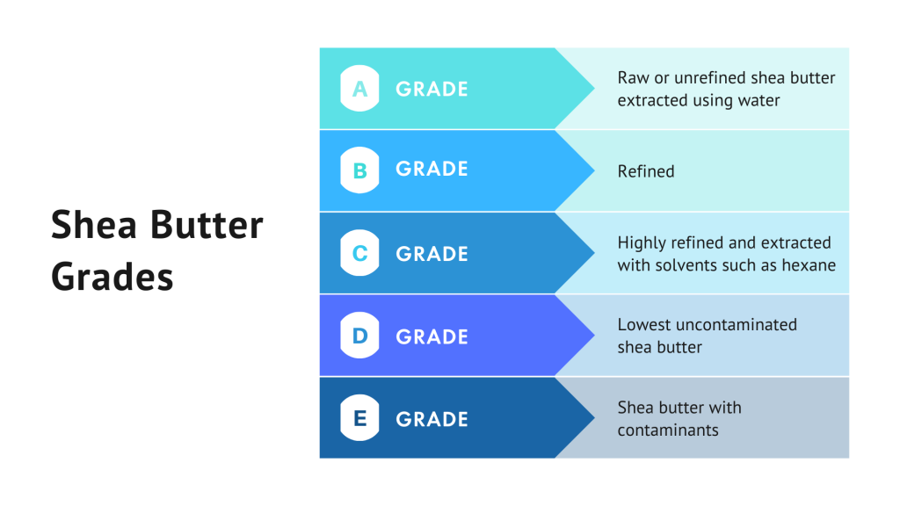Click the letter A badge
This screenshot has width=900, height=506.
(359, 89)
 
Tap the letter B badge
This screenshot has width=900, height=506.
(359, 170)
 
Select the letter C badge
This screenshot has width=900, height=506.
(359, 253)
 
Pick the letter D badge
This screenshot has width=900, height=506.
(359, 336)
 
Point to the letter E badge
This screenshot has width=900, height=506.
(359, 418)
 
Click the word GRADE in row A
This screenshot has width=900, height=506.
(432, 89)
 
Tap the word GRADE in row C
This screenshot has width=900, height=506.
(432, 254)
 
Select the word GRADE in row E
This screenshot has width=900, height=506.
(432, 419)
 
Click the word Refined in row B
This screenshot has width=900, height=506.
(646, 171)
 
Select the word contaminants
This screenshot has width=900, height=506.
(668, 430)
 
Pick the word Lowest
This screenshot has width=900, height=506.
(644, 325)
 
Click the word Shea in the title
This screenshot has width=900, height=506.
(94, 224)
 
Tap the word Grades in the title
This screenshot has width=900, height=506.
(112, 277)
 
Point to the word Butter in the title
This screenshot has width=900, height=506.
(207, 224)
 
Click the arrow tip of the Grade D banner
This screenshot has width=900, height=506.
(594, 336)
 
